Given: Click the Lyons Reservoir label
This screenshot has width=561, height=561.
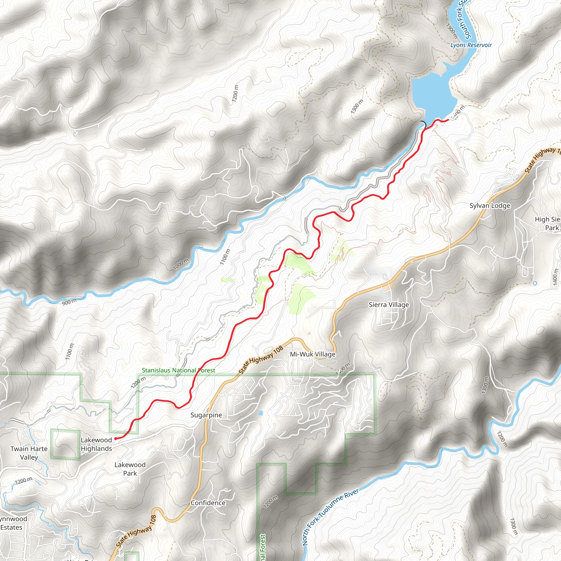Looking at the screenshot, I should click(x=471, y=45).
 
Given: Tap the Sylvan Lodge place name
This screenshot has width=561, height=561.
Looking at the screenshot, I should click(x=490, y=206).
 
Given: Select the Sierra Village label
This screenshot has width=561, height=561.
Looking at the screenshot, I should click(x=389, y=305).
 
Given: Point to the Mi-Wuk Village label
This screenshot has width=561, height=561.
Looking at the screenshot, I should click(x=313, y=354).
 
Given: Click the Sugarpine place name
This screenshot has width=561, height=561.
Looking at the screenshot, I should click(x=206, y=415).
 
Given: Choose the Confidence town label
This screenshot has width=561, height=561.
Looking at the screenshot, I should click(x=208, y=503).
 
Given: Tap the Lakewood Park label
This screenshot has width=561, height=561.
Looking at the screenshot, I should click(x=130, y=469).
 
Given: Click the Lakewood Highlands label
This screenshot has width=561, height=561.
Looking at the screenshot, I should click(x=96, y=444).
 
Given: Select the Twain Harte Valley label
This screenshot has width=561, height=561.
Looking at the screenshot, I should click(x=29, y=453).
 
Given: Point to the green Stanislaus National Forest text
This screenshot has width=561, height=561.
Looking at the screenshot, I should click(x=178, y=371).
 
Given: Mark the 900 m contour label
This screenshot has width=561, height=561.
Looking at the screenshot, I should click(x=69, y=302).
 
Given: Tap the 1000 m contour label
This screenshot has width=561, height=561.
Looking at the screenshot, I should click(x=181, y=264).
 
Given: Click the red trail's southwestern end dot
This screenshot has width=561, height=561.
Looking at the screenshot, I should click(x=115, y=439).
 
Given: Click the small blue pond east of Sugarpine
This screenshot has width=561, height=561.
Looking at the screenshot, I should click(x=260, y=413).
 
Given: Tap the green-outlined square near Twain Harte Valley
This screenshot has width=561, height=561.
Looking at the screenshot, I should click(x=65, y=444).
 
